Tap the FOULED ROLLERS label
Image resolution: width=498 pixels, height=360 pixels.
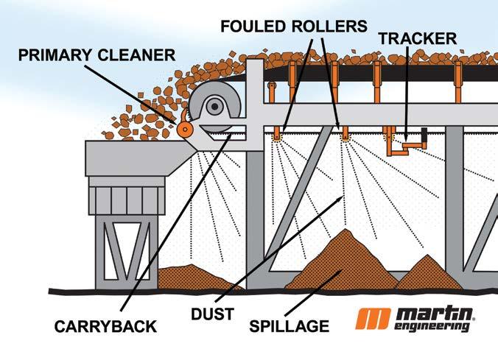point(293,26)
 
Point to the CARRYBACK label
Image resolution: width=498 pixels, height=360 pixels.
point(106,326)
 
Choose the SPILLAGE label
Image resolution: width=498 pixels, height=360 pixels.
point(289,326)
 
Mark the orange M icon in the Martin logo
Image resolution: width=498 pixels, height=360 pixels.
point(373,318)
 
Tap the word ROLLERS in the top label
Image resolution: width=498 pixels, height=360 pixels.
point(327,26)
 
